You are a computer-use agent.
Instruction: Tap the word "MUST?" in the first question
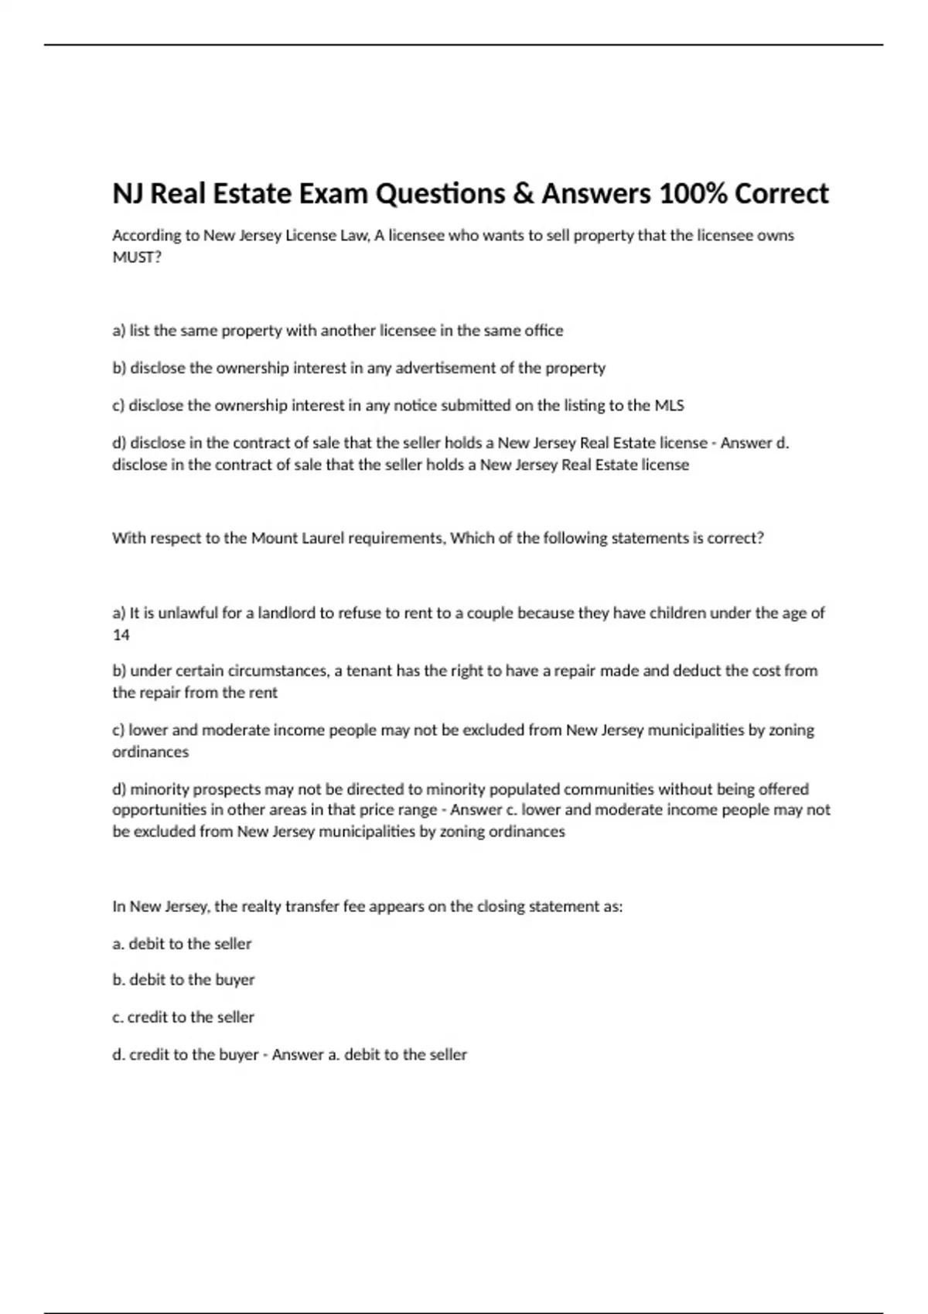tap(137, 257)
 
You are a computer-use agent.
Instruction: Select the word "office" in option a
tap(544, 331)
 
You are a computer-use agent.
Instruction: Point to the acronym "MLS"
tap(669, 405)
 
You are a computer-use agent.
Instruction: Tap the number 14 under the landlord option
tap(121, 635)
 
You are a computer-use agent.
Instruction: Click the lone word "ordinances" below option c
tap(150, 752)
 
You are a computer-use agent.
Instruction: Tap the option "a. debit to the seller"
tap(182, 944)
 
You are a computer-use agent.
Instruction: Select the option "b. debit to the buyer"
tap(183, 980)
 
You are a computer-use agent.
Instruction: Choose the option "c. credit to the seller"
tap(183, 1017)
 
